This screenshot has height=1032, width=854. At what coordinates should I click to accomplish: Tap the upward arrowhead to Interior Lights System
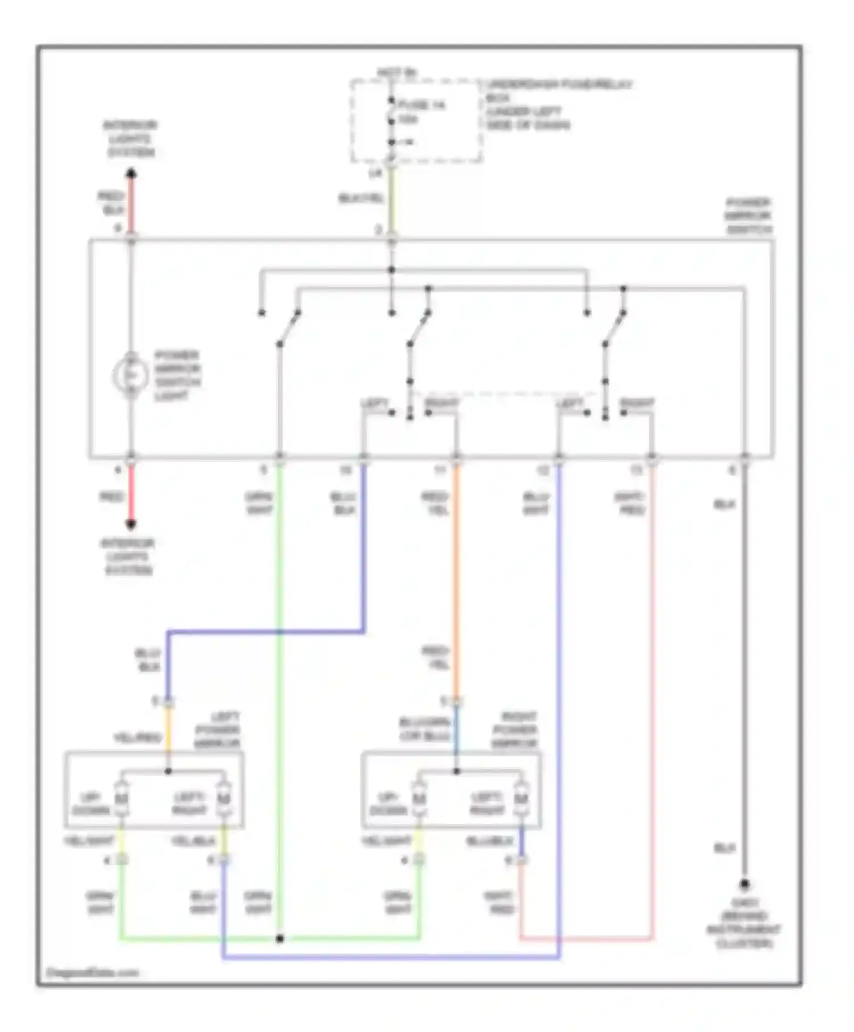(131, 173)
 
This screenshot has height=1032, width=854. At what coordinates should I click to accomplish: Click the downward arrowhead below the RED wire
(131, 524)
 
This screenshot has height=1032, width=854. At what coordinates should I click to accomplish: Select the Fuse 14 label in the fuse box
(421, 105)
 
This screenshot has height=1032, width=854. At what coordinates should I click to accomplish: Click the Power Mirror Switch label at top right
(748, 216)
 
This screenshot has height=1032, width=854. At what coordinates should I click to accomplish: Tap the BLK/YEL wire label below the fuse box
(361, 198)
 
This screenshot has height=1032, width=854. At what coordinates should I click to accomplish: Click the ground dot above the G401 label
(744, 885)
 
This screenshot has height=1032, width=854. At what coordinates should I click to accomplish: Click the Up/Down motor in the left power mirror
(121, 799)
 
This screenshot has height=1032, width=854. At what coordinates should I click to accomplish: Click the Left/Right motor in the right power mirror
(522, 799)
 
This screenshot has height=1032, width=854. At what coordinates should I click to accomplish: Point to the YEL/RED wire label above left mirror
(138, 738)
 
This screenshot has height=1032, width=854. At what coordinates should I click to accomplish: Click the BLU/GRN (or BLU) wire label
(425, 729)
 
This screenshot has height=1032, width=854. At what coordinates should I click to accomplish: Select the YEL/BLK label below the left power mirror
(193, 841)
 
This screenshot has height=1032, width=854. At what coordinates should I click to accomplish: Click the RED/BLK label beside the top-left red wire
(112, 203)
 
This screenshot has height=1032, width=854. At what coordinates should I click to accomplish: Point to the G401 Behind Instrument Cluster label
(744, 923)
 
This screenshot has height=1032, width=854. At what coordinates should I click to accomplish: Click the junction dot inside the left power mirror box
(168, 771)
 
